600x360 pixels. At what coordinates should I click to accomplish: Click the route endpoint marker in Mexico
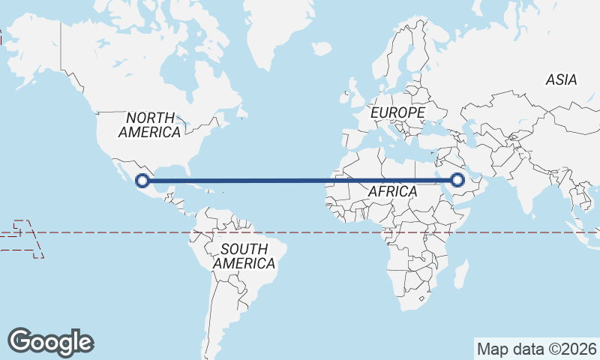click(x=142, y=180)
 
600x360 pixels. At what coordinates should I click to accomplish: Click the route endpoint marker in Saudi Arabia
click(x=457, y=180)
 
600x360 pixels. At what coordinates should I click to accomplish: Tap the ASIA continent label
click(x=561, y=79)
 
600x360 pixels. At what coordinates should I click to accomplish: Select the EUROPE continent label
click(x=397, y=112)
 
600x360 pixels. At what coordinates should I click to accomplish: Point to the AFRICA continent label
click(x=392, y=192)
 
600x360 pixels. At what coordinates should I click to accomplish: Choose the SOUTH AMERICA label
click(x=244, y=256)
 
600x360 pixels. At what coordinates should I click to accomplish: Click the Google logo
click(x=50, y=341)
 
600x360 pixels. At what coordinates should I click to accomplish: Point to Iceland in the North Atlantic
click(x=321, y=48)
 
